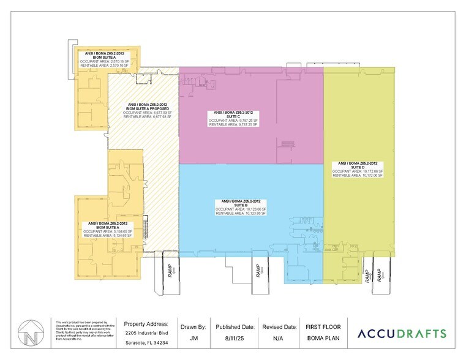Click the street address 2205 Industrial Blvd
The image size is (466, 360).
pos(148,333)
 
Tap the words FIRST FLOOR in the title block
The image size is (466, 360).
pos(323,326)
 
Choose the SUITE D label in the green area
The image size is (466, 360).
pos(358,167)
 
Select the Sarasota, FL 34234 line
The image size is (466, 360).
pos(148,343)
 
